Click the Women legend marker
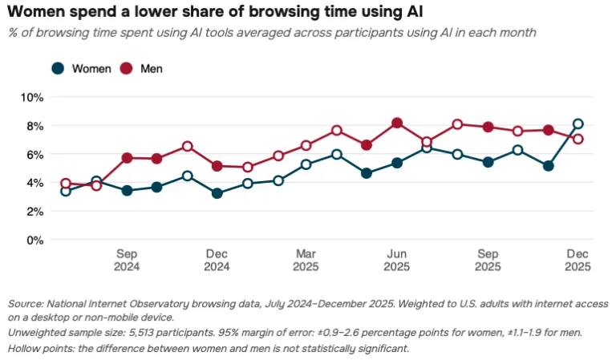pyautogui.click(x=58, y=69)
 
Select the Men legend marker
pyautogui.click(x=126, y=69)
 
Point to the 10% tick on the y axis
pyautogui.click(x=32, y=97)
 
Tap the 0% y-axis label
pyautogui.click(x=35, y=240)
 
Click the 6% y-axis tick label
pyautogui.click(x=35, y=155)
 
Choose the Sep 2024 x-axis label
pyautogui.click(x=127, y=261)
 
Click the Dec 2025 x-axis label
pyautogui.click(x=577, y=261)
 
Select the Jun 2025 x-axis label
pyautogui.click(x=397, y=261)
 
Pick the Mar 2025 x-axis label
pyautogui.click(x=306, y=261)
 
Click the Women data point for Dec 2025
pyautogui.click(x=577, y=124)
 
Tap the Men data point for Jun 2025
pyautogui.click(x=397, y=123)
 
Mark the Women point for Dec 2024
pyautogui.click(x=217, y=193)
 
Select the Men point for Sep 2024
pyautogui.click(x=127, y=158)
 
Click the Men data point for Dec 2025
pyautogui.click(x=577, y=139)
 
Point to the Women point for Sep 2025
pyautogui.click(x=488, y=162)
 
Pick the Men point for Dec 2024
pyautogui.click(x=217, y=166)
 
